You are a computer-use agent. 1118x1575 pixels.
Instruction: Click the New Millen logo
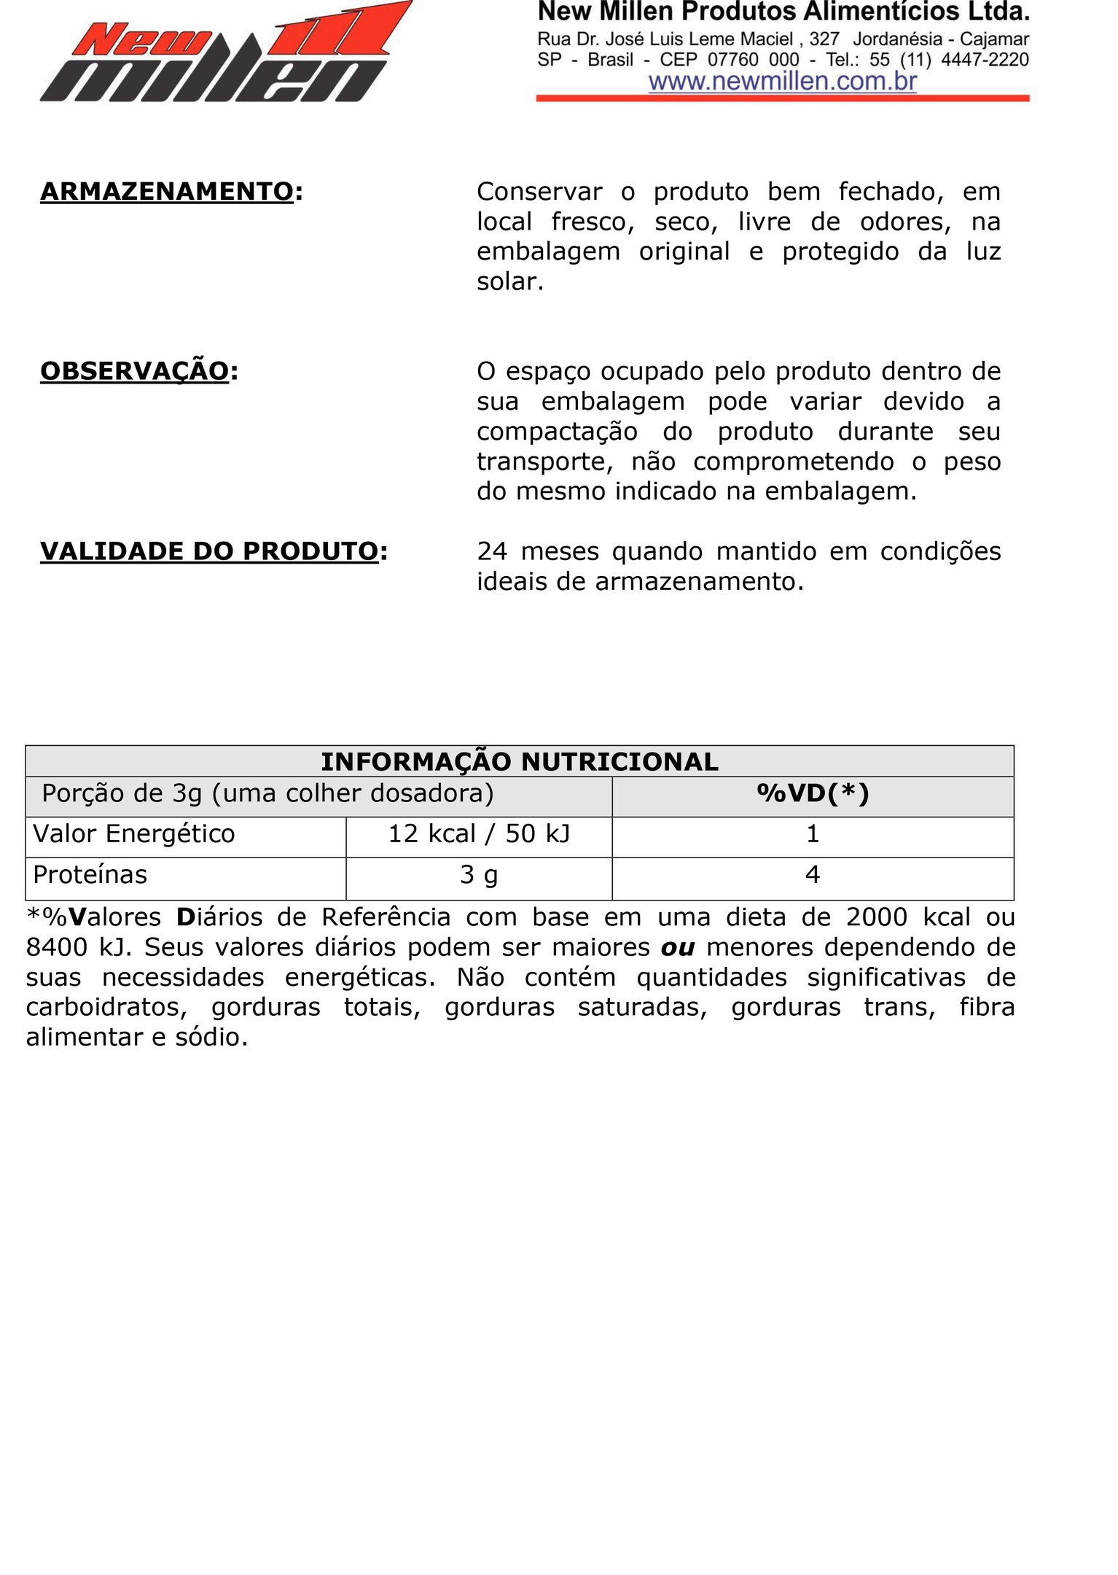tap(226, 52)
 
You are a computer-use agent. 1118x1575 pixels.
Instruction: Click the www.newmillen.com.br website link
tap(782, 81)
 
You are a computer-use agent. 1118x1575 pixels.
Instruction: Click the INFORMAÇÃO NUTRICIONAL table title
tap(520, 761)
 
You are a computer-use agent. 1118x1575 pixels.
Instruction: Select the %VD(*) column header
tap(813, 793)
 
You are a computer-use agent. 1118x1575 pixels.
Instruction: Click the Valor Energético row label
tap(134, 833)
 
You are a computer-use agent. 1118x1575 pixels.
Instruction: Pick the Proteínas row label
tap(90, 874)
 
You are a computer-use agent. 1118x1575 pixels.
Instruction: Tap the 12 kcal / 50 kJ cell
tap(479, 833)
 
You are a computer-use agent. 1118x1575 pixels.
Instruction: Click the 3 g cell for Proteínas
tap(479, 874)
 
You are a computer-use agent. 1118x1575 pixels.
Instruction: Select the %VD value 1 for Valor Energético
tap(813, 833)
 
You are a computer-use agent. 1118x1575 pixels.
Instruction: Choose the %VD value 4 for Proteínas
tap(813, 874)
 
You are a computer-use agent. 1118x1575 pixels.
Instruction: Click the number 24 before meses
tap(492, 551)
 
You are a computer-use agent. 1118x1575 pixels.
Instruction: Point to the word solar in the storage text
tap(509, 281)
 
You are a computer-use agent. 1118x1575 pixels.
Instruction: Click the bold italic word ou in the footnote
tap(678, 947)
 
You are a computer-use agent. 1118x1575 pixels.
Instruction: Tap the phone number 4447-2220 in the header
tap(985, 60)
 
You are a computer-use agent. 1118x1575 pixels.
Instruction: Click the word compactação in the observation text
tap(557, 432)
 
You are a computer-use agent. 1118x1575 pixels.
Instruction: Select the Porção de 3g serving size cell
tap(267, 793)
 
